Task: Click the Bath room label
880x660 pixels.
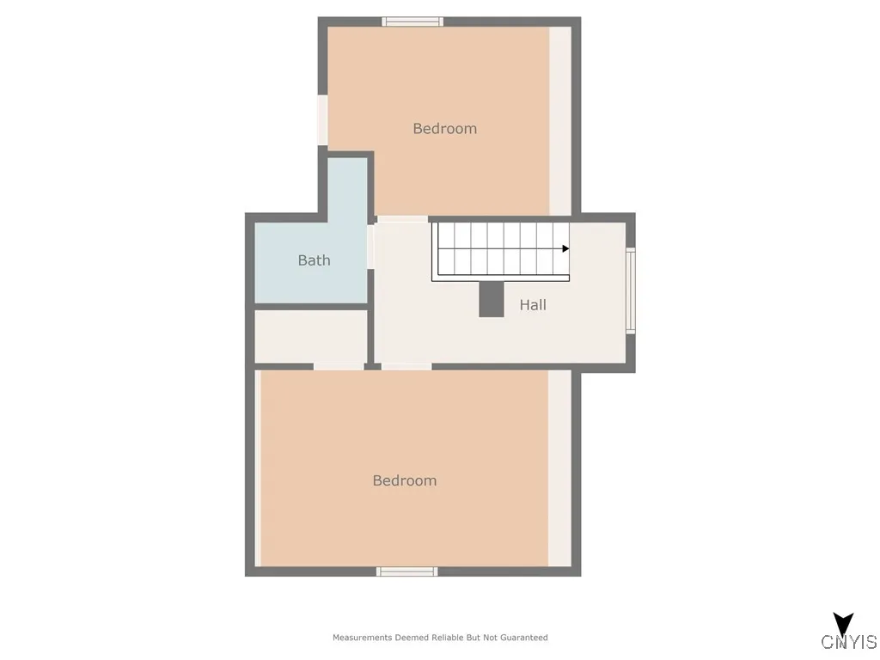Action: click(314, 260)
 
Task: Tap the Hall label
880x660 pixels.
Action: click(533, 305)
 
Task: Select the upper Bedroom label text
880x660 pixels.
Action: click(444, 129)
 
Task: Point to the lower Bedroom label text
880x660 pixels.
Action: click(404, 481)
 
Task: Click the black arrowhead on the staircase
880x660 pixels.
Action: click(565, 248)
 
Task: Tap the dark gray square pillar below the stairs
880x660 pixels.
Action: click(492, 298)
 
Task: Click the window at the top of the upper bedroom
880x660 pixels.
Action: click(412, 21)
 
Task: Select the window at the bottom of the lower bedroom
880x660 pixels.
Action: click(407, 571)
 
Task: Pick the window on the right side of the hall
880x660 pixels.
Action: click(631, 290)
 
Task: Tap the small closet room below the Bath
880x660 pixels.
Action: click(311, 336)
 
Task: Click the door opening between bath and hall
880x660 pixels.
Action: click(370, 246)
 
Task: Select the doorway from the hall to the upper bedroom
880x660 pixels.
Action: click(402, 219)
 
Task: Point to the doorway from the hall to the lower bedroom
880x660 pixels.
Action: click(406, 367)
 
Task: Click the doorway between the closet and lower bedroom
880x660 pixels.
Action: click(339, 367)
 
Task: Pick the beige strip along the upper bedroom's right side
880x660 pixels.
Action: click(560, 120)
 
